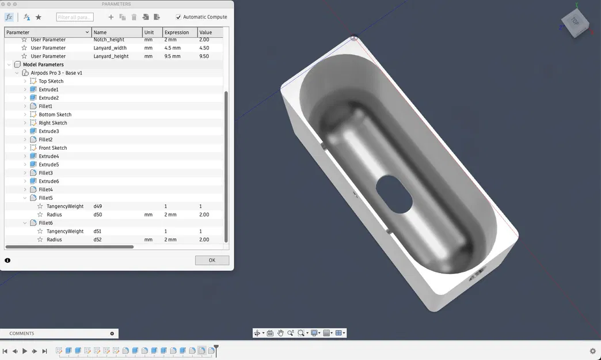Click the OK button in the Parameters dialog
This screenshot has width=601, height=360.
click(212, 260)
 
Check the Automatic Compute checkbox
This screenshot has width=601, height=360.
click(178, 17)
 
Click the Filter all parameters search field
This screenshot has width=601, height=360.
click(75, 17)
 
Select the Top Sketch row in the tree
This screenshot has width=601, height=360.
click(51, 81)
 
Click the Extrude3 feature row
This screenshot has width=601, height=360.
click(48, 131)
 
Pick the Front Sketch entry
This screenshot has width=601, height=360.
click(52, 148)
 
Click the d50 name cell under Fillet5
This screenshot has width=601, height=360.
click(98, 214)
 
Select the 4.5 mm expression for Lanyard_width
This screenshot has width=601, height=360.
click(172, 48)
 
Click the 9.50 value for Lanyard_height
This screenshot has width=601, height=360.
click(204, 56)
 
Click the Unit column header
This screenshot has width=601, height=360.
click(150, 32)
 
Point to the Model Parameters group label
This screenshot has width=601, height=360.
click(43, 65)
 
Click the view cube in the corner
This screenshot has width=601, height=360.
click(574, 23)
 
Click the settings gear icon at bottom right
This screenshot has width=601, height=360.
click(593, 351)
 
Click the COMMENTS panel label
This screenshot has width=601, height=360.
click(22, 334)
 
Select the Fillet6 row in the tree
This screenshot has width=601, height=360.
click(45, 223)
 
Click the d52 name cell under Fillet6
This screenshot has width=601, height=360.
click(98, 240)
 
